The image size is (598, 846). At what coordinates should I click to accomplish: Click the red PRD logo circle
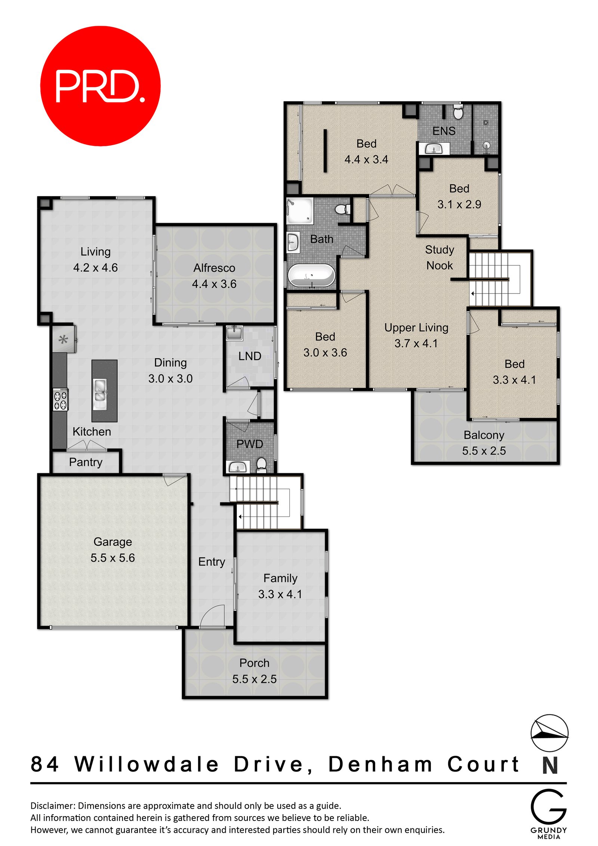click(x=100, y=86)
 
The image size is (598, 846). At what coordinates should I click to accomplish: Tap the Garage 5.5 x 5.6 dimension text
click(x=112, y=557)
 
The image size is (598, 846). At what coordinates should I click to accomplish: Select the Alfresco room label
click(x=214, y=268)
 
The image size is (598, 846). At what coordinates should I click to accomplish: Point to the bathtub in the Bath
click(x=311, y=276)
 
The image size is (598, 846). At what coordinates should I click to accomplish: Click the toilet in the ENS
click(x=458, y=112)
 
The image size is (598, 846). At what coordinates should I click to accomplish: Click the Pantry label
click(x=86, y=462)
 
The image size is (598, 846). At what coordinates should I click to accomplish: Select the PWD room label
click(x=250, y=444)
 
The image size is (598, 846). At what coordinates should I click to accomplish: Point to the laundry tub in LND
click(x=234, y=332)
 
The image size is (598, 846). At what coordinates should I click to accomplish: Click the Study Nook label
click(x=440, y=257)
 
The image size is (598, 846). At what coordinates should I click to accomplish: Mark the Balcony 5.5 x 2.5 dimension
click(x=484, y=450)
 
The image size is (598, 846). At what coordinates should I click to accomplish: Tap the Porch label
click(x=254, y=663)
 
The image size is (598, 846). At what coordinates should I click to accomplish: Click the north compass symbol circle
click(x=549, y=733)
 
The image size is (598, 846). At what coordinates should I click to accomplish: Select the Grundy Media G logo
click(x=548, y=806)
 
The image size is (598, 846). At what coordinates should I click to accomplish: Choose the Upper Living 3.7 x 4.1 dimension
click(x=416, y=343)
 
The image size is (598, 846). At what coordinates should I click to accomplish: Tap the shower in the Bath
click(x=299, y=211)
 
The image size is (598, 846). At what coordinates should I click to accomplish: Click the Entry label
click(x=212, y=562)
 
